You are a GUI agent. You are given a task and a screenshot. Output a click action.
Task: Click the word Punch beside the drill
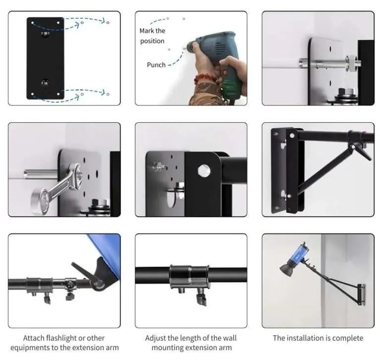point(156,65)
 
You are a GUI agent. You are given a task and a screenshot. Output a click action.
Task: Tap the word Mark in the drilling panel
point(147,31)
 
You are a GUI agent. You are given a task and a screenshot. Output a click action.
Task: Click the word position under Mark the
point(152,41)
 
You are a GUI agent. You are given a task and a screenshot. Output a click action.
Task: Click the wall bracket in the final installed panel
point(361,295)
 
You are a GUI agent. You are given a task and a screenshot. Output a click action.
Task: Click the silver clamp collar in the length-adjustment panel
point(190,276)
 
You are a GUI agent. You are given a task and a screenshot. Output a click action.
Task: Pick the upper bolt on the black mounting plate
point(45,34)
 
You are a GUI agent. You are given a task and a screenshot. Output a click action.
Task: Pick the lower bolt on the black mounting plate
point(45,83)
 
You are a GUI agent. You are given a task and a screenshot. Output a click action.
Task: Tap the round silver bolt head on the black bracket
point(204,170)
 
